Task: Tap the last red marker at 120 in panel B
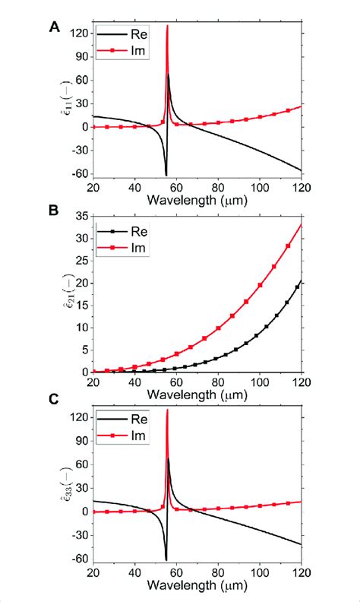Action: click(x=301, y=225)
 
